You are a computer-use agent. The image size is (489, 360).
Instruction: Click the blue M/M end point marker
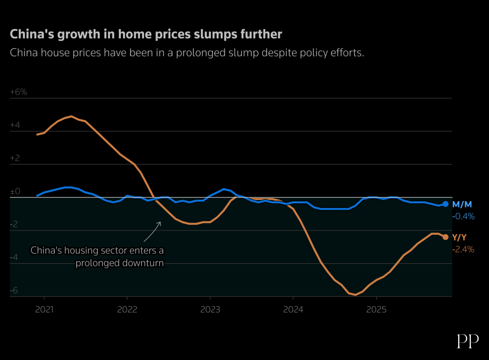pos(445,204)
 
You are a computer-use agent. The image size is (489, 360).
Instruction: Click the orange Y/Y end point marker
pos(445,237)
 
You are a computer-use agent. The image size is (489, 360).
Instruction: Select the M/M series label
pos(462,204)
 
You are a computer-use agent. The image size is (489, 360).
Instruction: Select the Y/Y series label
pos(459,237)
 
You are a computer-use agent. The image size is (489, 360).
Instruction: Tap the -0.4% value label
pos(463,216)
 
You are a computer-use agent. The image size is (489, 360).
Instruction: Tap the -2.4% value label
pos(463,249)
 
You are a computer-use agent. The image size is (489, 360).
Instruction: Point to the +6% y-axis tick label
pos(19,92)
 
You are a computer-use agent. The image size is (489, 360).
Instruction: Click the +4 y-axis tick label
pos(15,125)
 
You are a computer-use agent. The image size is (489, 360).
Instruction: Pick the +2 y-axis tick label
pos(15,158)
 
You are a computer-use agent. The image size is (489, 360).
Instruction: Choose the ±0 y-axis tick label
pos(15,191)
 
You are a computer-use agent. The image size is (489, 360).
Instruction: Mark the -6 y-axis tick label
pos(14,290)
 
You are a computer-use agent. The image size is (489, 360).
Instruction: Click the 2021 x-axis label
pos(44,309)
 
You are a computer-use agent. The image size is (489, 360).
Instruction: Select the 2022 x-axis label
pos(127,309)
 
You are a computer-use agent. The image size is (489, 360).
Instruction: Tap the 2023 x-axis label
pos(210,309)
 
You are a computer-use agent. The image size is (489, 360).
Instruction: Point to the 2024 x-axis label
pos(293,309)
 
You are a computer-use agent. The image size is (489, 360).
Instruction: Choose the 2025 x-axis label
pos(376,309)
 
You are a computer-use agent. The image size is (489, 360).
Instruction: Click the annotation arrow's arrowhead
pos(160,223)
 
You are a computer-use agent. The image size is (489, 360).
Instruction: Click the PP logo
pos(467,341)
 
